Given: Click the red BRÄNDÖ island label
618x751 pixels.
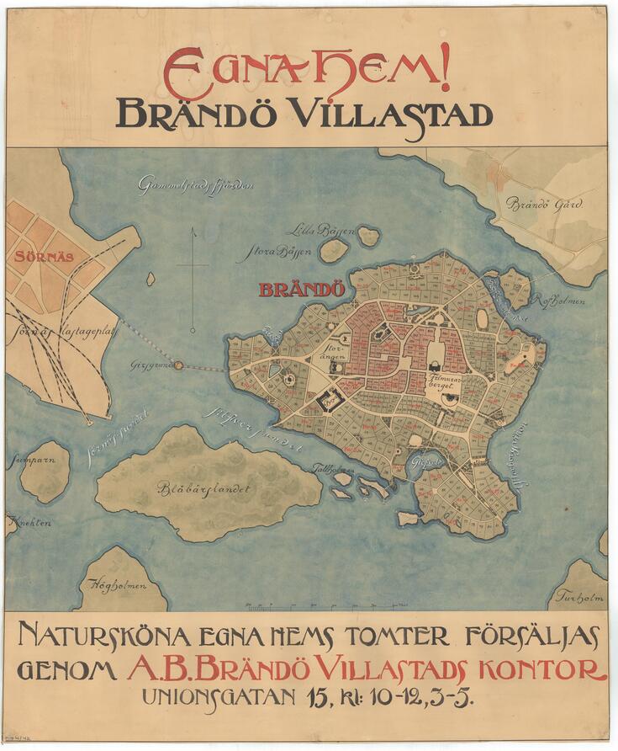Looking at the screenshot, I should tap(302, 290).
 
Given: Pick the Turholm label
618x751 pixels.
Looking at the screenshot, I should tap(578, 598).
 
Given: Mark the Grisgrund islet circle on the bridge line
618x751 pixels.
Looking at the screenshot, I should tap(178, 365).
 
